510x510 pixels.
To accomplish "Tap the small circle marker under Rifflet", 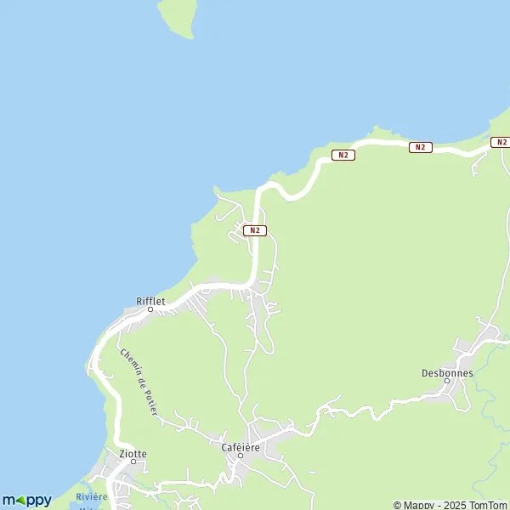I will click(150, 309).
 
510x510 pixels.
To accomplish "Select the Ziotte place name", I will click(133, 454).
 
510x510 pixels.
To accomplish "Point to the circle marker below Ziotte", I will click(133, 462).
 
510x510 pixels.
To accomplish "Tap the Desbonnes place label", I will click(447, 372).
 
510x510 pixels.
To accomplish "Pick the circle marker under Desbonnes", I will click(447, 382).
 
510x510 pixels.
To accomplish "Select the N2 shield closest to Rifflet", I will click(255, 230).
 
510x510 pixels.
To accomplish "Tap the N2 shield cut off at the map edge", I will click(501, 142).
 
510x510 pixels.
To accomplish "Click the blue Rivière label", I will click(91, 496).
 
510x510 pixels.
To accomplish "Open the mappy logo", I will click(26, 500).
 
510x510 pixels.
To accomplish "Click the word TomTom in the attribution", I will click(487, 505).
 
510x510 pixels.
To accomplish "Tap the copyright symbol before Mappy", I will click(397, 505).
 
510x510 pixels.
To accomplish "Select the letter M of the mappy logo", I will click(8, 500).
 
